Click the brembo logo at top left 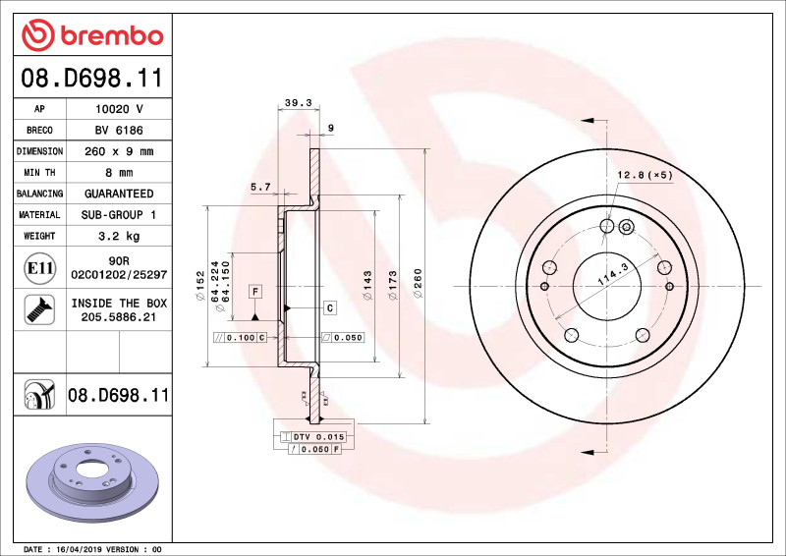pyautogui.click(x=91, y=36)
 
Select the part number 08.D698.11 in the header pyautogui.click(x=91, y=78)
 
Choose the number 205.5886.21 pyautogui.click(x=118, y=317)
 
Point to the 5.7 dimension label pyautogui.click(x=260, y=187)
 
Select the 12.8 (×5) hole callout pyautogui.click(x=644, y=175)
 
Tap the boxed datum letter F pyautogui.click(x=254, y=292)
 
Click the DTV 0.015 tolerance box pyautogui.click(x=316, y=436)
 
